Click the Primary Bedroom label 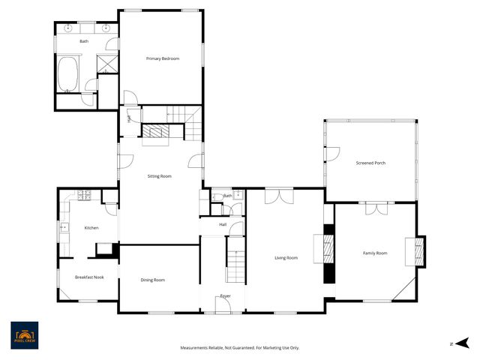[x=163, y=58]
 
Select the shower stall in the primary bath [x=109, y=62]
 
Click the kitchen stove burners [x=84, y=196]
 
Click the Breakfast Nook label [x=89, y=277]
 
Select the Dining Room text [x=153, y=280]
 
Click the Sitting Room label [x=159, y=176]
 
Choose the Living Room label [x=286, y=258]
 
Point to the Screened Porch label [x=370, y=163]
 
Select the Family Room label [x=375, y=253]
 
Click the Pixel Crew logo [x=25, y=335]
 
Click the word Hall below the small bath [x=223, y=224]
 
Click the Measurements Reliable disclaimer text [x=239, y=347]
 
